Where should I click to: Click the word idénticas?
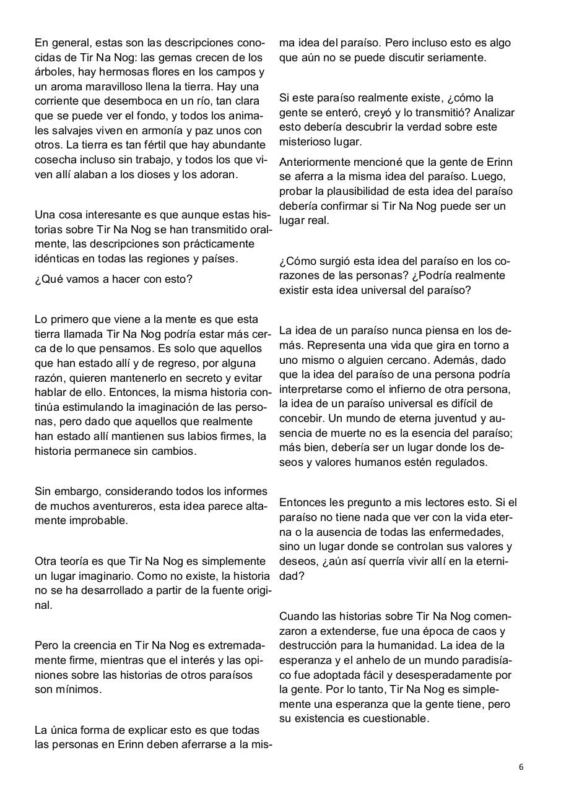click(x=56, y=258)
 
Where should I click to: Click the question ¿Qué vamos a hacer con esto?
click(x=114, y=279)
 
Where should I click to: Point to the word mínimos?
click(x=79, y=689)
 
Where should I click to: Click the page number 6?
click(x=521, y=766)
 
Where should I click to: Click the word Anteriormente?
click(x=316, y=162)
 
